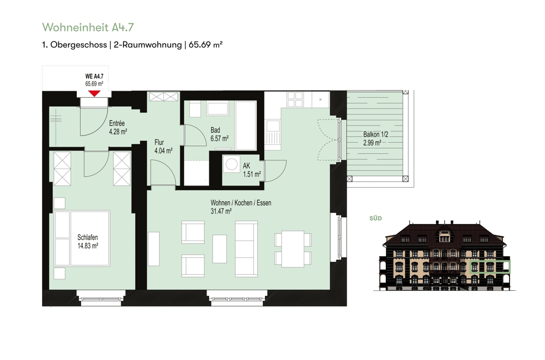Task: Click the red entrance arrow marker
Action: [94, 94]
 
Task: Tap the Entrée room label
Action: [117, 123]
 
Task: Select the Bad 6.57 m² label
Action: [219, 134]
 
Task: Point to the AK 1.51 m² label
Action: [252, 170]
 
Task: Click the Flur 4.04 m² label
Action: [163, 146]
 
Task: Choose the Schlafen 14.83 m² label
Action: [88, 242]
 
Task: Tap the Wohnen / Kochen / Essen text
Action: [241, 203]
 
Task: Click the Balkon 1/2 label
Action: [376, 134]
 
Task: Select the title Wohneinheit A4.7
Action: [88, 27]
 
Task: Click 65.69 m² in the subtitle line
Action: [205, 45]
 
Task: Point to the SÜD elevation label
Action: [376, 218]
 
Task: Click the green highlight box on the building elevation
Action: [490, 267]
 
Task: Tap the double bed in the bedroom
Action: [82, 238]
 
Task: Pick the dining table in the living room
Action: [293, 249]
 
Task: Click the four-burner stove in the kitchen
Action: [295, 99]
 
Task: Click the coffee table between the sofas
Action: [220, 249]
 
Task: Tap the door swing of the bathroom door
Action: [195, 135]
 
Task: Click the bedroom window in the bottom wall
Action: [100, 298]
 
